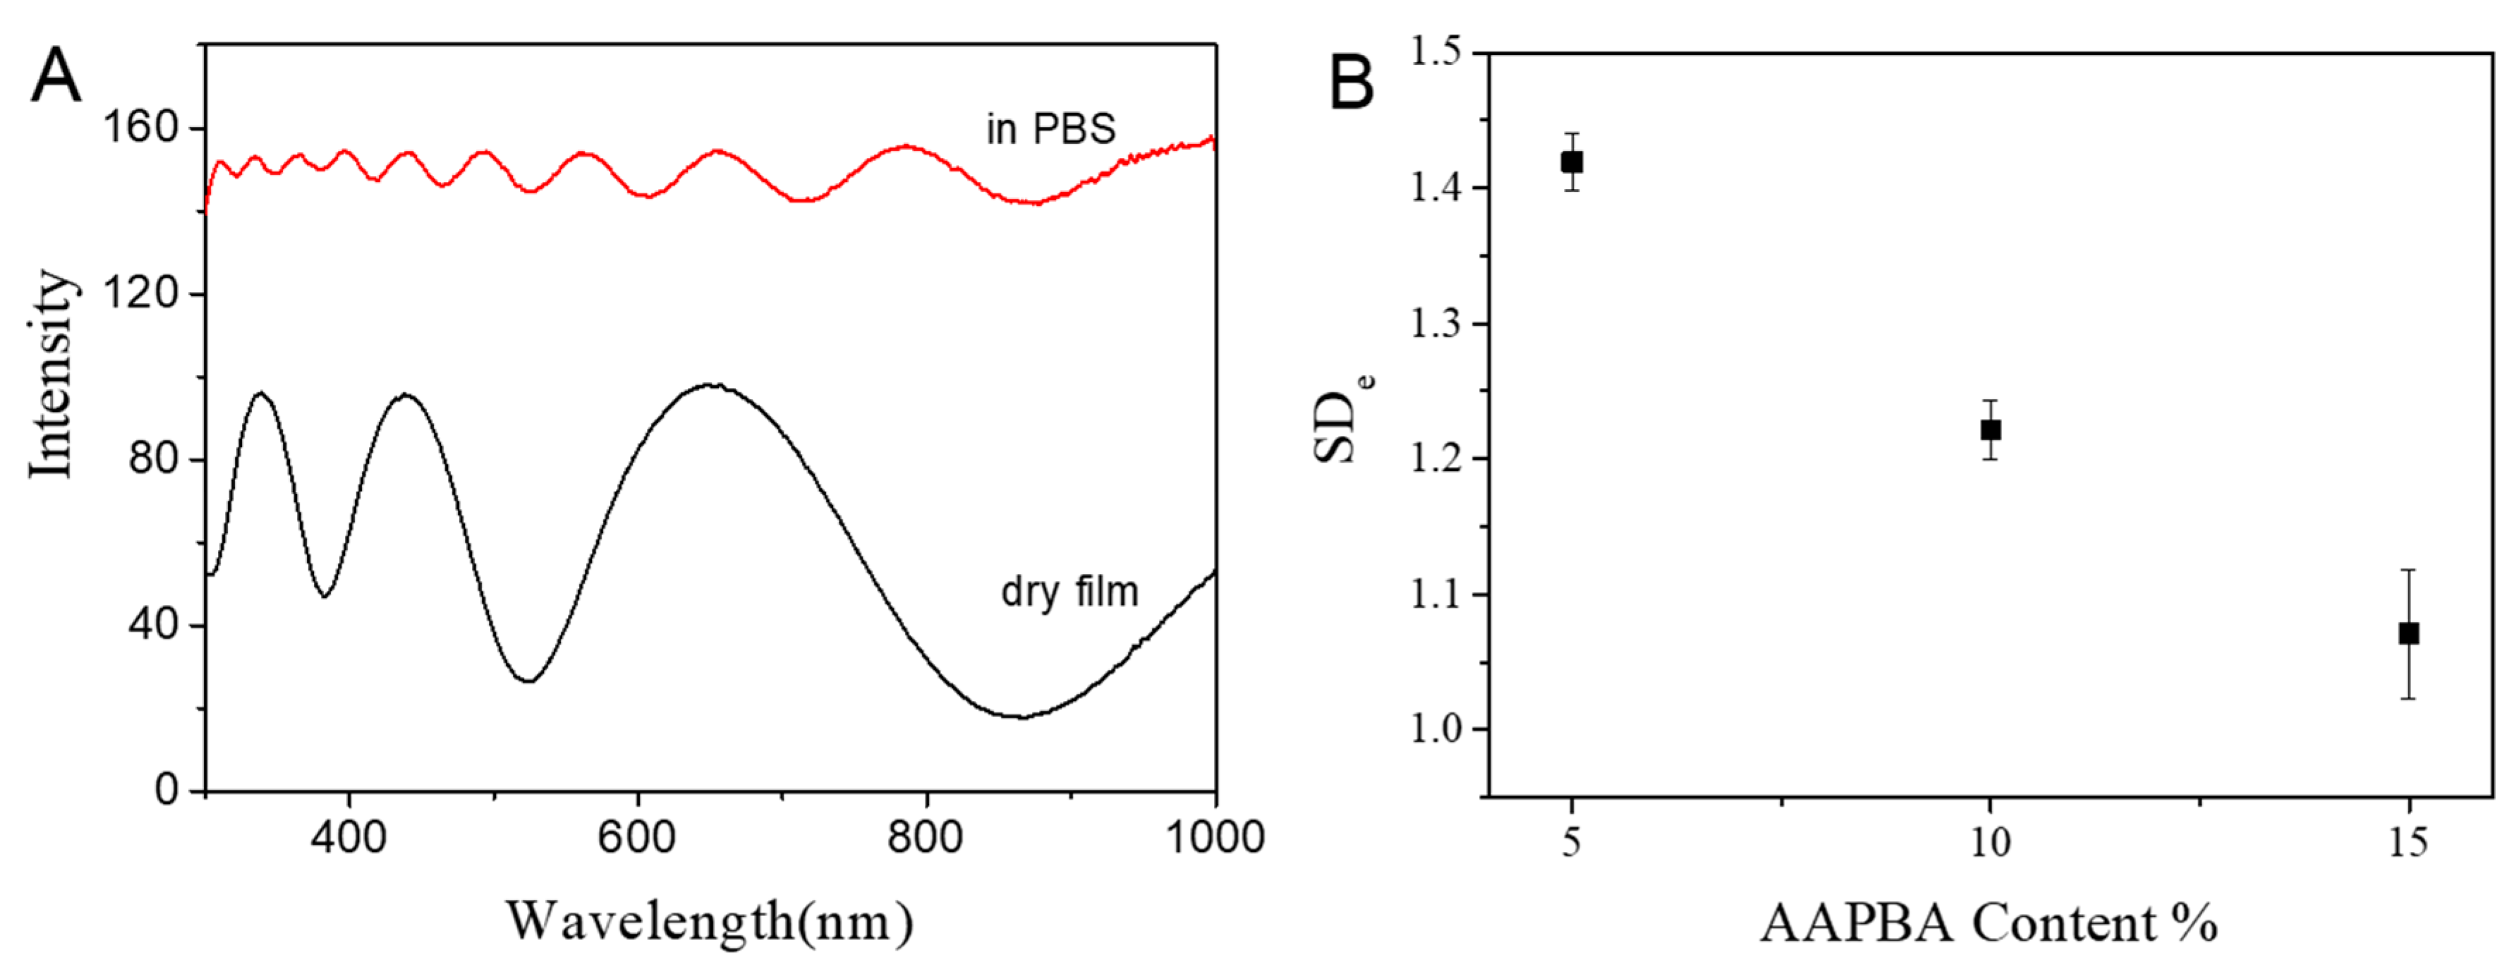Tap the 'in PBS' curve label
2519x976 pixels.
coord(1050,129)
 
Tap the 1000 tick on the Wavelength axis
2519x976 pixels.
coord(1215,838)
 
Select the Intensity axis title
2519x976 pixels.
coord(51,374)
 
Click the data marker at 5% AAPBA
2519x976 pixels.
coord(1572,162)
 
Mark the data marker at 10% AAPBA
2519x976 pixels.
coord(1990,430)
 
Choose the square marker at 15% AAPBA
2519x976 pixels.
coord(2408,634)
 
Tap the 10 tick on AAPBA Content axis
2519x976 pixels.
coord(1990,841)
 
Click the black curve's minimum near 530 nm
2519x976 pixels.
coord(528,681)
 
